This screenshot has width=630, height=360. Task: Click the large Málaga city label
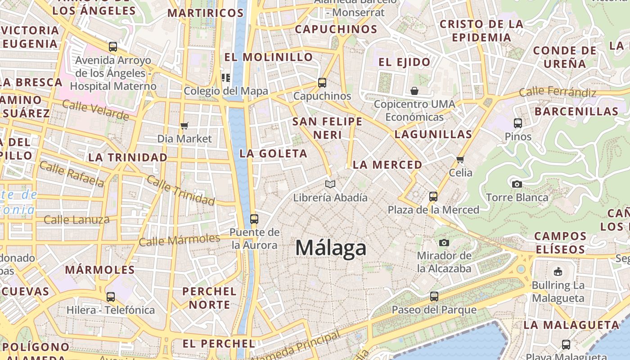(x=331, y=248)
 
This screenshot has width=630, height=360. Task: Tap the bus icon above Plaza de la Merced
(x=433, y=197)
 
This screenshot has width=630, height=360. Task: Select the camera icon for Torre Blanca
(x=517, y=184)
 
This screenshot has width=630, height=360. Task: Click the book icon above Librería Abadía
(x=330, y=184)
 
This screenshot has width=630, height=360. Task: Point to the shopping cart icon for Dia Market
(x=184, y=126)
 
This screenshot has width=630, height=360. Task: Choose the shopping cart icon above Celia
(x=460, y=159)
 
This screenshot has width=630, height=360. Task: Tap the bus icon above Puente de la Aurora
(x=254, y=219)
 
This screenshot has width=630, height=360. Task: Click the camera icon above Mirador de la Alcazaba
(x=444, y=243)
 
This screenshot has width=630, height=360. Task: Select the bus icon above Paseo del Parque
(x=434, y=297)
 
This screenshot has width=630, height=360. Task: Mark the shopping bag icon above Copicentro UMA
(x=414, y=91)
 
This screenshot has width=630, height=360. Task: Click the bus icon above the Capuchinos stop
(x=322, y=83)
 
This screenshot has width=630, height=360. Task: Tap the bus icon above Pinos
(x=518, y=123)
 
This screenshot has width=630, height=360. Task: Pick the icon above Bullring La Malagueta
(x=558, y=271)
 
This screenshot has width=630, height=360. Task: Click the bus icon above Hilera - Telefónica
(x=111, y=297)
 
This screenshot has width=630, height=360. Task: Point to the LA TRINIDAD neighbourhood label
(x=128, y=157)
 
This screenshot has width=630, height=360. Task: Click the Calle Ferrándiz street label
(x=558, y=93)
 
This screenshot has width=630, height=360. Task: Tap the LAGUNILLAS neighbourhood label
(x=433, y=134)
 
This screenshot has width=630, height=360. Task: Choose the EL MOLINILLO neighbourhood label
(x=268, y=57)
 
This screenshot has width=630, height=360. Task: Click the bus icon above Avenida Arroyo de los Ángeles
(x=113, y=47)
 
